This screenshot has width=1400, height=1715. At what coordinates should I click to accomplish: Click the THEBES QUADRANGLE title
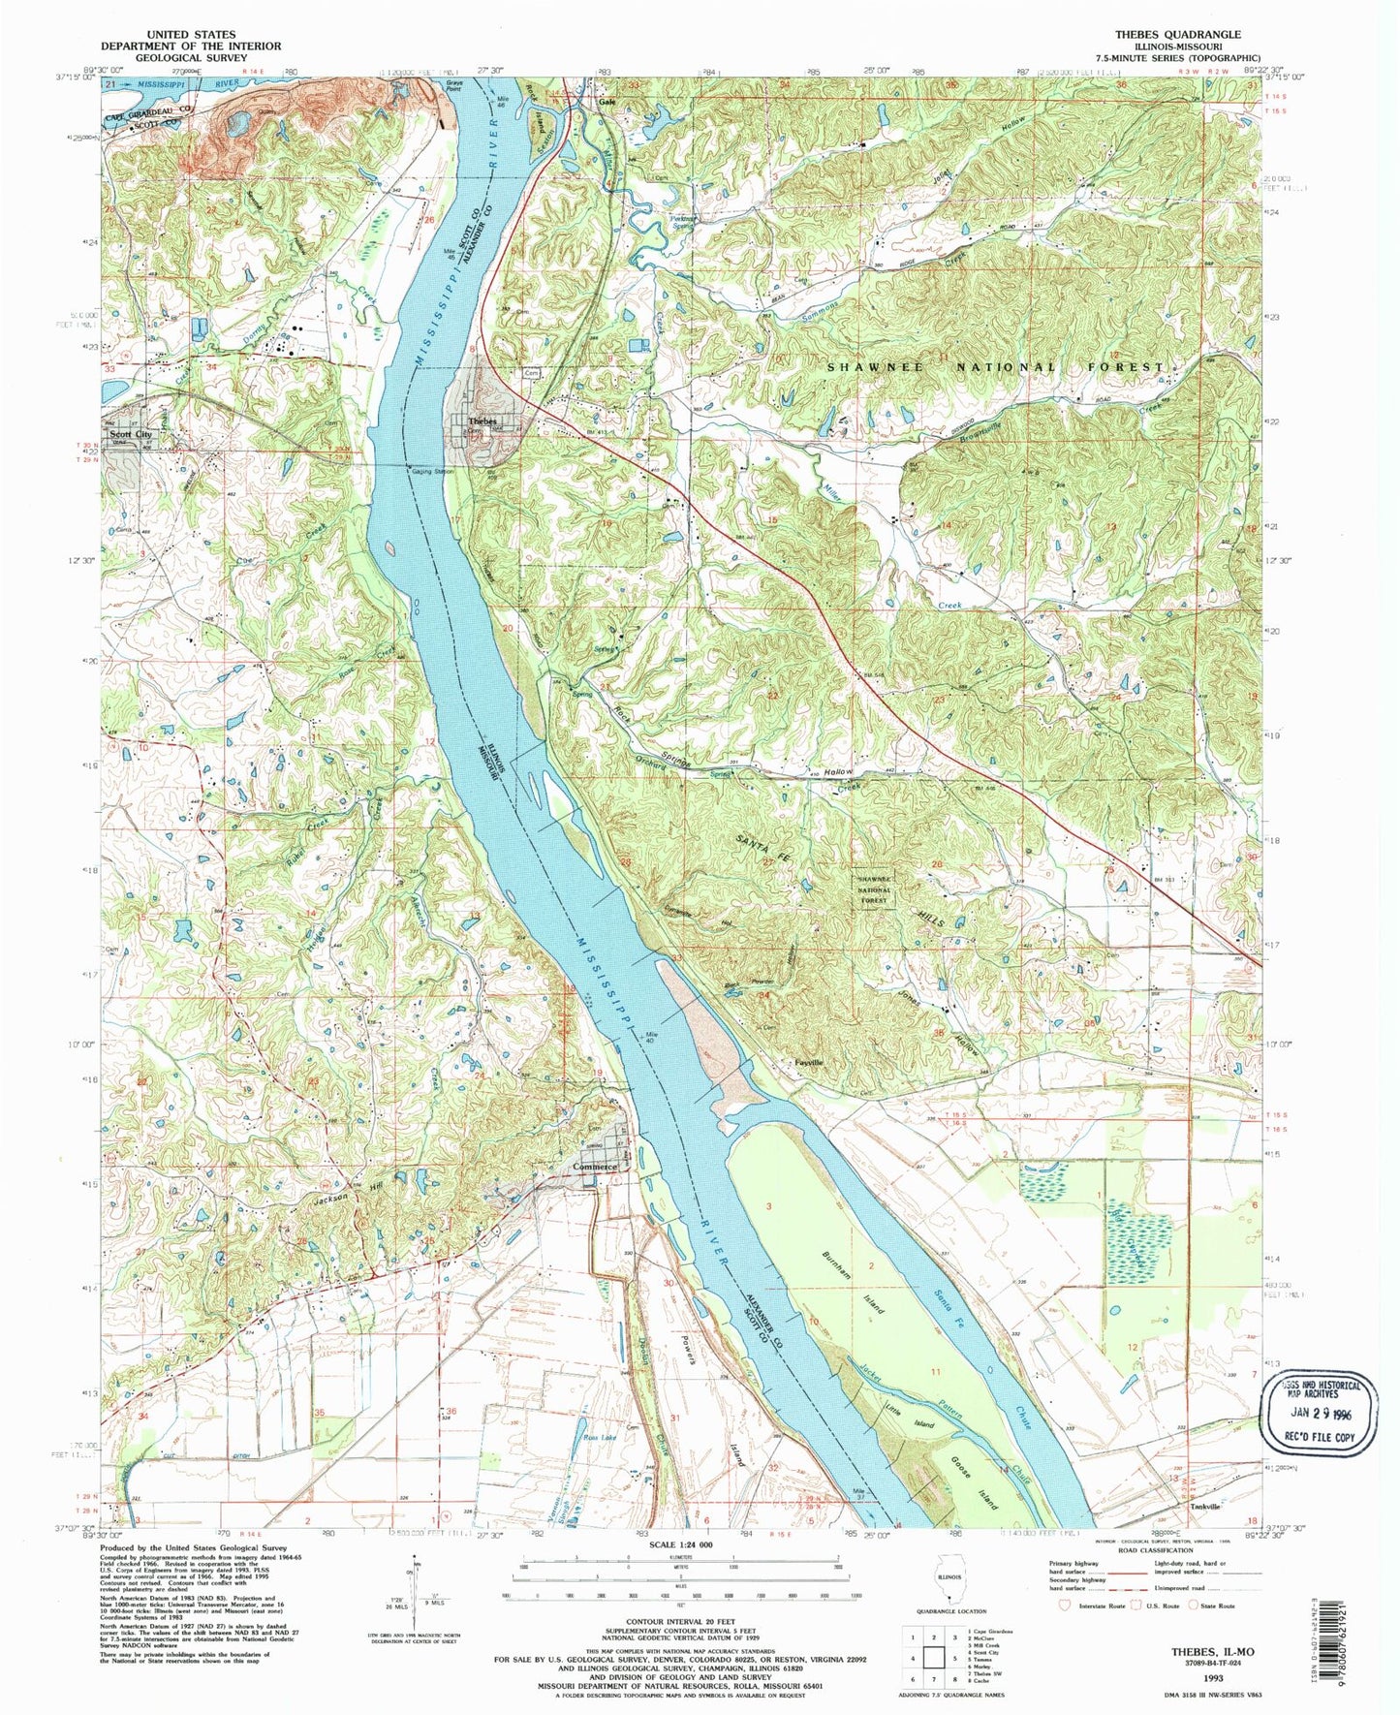coord(1177,34)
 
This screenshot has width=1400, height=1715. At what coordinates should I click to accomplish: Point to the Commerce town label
coord(594,1167)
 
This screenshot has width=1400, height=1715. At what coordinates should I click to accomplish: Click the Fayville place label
coord(808,1062)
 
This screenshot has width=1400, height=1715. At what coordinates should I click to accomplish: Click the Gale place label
coord(607,102)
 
